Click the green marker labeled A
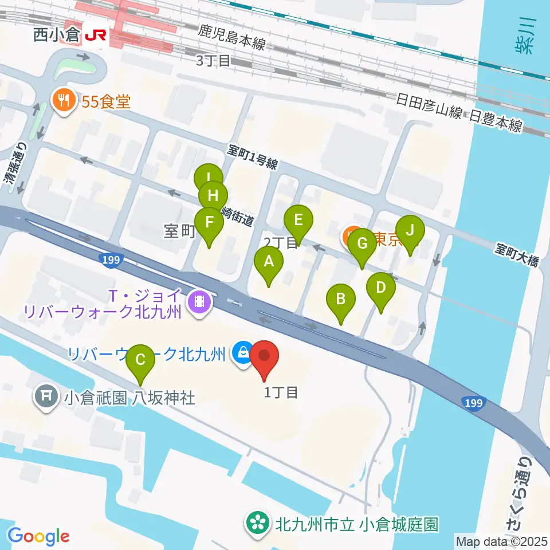pos(269,264)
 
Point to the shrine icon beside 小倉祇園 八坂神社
pos(45,396)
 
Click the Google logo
pos(38,536)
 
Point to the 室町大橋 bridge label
pos(517,254)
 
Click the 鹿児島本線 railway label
pos(232,37)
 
